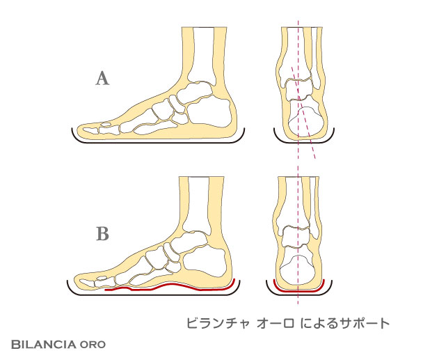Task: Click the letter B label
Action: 102,234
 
